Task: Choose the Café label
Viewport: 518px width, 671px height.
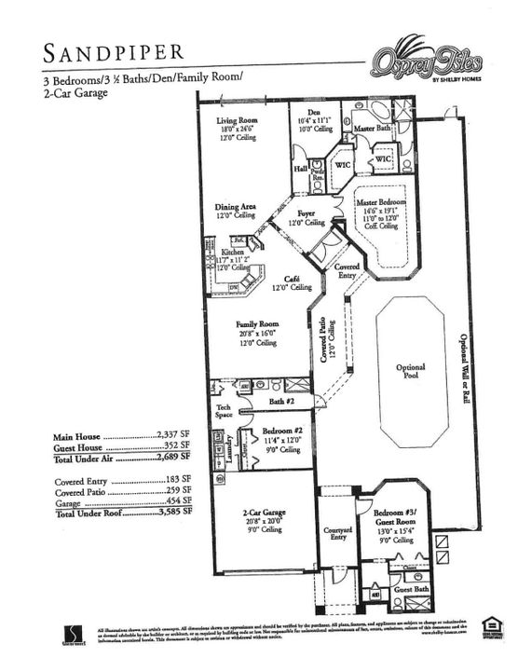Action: tap(292, 280)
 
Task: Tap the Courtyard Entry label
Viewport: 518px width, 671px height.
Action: tap(338, 533)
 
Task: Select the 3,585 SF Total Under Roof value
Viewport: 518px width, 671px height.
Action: tap(174, 513)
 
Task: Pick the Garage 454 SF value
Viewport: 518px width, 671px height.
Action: tap(179, 502)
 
